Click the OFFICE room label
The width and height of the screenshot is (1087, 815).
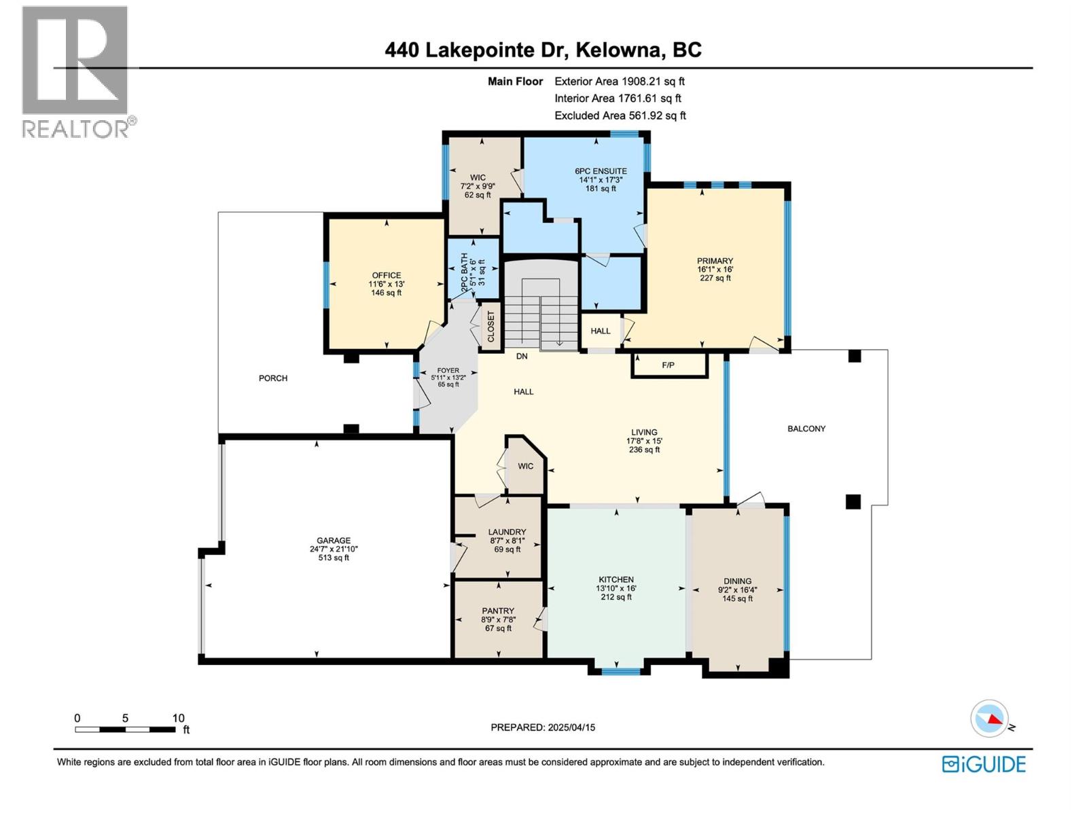387,275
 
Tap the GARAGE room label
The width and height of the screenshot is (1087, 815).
334,541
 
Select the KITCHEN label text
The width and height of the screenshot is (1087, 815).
616,579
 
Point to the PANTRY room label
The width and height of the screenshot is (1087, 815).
498,611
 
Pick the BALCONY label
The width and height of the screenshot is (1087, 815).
806,429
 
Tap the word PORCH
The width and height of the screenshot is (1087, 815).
273,378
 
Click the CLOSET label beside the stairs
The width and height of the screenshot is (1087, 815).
491,327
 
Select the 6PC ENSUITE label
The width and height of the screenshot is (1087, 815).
601,171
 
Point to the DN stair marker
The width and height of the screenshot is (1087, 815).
522,356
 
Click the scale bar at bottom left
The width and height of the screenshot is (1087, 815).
125,729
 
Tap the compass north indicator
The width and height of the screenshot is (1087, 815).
989,719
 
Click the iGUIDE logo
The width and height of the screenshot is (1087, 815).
984,765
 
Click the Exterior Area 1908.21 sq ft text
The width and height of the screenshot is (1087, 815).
620,81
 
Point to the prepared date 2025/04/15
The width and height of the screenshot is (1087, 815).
571,727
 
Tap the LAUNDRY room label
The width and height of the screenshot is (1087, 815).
507,532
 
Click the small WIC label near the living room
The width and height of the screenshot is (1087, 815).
525,466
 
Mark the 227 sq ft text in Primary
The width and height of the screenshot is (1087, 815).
715,278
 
